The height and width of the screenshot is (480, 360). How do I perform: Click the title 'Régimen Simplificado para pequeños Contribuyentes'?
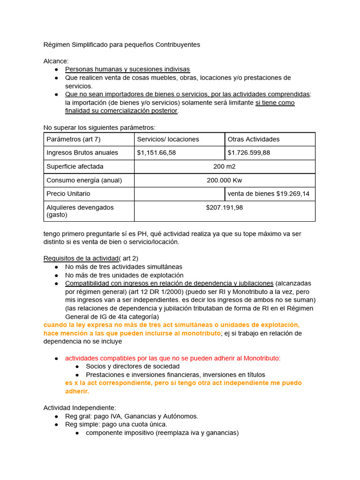coord(121,45)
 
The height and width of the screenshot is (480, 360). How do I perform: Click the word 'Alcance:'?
coord(56,61)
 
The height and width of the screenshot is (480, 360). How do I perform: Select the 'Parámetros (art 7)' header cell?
coord(73,139)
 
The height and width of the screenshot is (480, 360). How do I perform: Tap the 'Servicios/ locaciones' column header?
coord(168,139)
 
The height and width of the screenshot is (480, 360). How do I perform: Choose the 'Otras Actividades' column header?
coord(253,139)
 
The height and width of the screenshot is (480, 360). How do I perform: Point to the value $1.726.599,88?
coord(248,152)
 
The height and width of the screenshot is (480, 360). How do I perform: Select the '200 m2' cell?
coord(225,166)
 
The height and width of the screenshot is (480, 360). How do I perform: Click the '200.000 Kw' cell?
coord(225,180)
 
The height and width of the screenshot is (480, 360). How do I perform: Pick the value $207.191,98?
coord(225,207)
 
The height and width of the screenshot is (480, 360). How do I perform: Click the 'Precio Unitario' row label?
coord(68,194)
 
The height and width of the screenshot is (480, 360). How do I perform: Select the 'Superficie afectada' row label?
coord(75,166)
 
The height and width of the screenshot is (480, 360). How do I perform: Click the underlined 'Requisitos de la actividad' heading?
coord(81,258)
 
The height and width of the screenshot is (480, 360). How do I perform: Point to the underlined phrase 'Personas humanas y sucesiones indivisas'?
coord(127,69)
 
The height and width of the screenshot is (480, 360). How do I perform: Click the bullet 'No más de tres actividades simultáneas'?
coord(124,267)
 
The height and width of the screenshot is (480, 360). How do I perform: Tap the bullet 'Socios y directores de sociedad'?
coord(133,366)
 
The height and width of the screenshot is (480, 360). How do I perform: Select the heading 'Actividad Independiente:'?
coord(80,408)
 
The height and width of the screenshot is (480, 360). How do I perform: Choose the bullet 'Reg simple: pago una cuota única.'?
coord(116,424)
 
